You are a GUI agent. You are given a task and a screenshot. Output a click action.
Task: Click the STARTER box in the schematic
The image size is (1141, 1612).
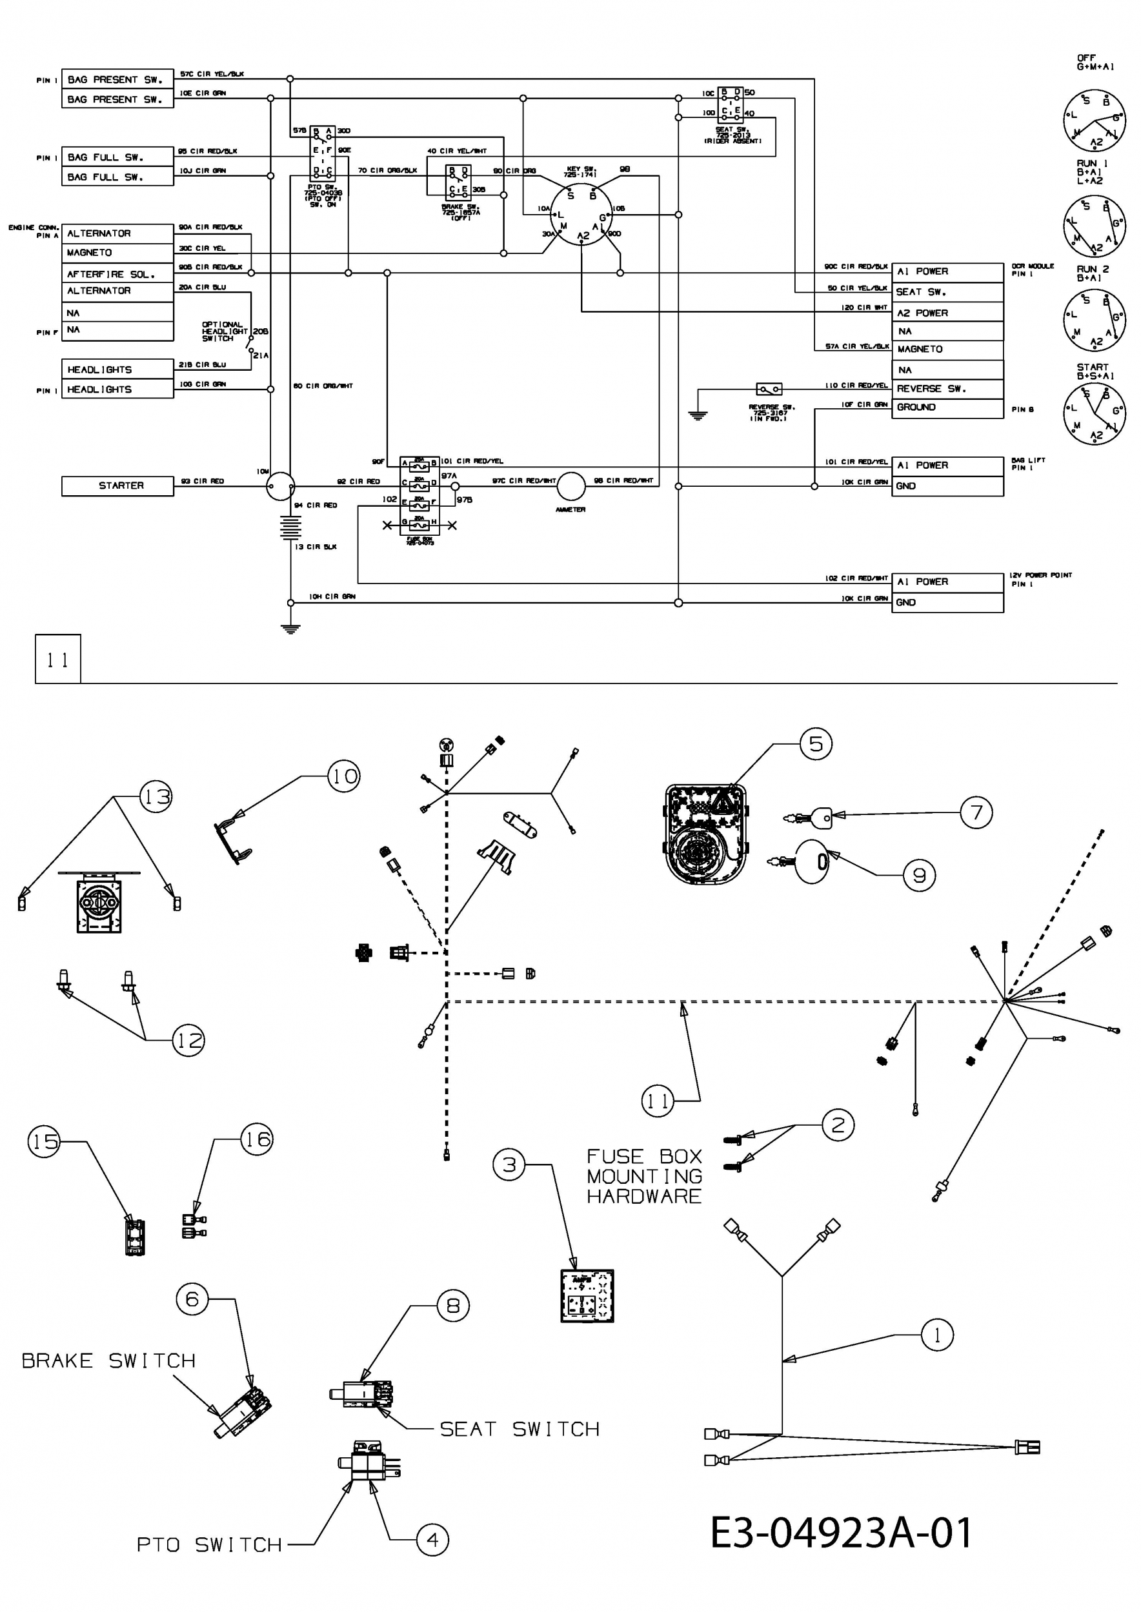coord(117,486)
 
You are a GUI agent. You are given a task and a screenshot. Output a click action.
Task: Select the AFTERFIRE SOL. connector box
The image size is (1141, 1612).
coord(117,274)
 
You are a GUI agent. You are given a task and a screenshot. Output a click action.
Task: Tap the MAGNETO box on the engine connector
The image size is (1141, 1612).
coord(117,253)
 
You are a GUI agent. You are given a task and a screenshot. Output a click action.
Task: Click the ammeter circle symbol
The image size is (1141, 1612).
coord(570,485)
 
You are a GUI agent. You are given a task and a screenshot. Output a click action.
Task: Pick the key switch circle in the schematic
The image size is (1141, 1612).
coord(581,215)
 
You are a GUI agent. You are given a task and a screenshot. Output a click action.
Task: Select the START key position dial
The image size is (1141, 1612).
coord(1095,413)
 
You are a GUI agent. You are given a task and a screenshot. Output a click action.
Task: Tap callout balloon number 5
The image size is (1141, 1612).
coord(816,743)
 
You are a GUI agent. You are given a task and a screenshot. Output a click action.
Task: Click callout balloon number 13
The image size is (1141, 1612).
coord(156,797)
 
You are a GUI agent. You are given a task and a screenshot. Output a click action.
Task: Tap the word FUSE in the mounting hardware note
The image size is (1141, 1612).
coord(616,1156)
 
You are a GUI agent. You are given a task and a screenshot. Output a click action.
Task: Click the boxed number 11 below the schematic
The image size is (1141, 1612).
coord(57,659)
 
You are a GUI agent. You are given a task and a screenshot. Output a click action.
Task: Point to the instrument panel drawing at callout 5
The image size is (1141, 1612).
coord(705,834)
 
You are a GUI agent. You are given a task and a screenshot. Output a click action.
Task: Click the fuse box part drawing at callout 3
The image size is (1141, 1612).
coord(587,1296)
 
